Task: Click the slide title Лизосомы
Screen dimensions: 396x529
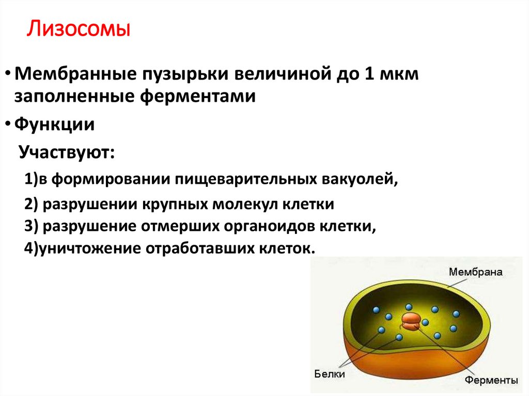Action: pyautogui.click(x=78, y=29)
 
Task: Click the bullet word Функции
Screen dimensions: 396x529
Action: pyautogui.click(x=54, y=124)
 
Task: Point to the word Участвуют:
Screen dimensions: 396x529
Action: pyautogui.click(x=68, y=153)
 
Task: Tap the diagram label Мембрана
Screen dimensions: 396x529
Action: pyautogui.click(x=475, y=272)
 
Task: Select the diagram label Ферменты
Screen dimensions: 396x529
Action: pyautogui.click(x=491, y=381)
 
